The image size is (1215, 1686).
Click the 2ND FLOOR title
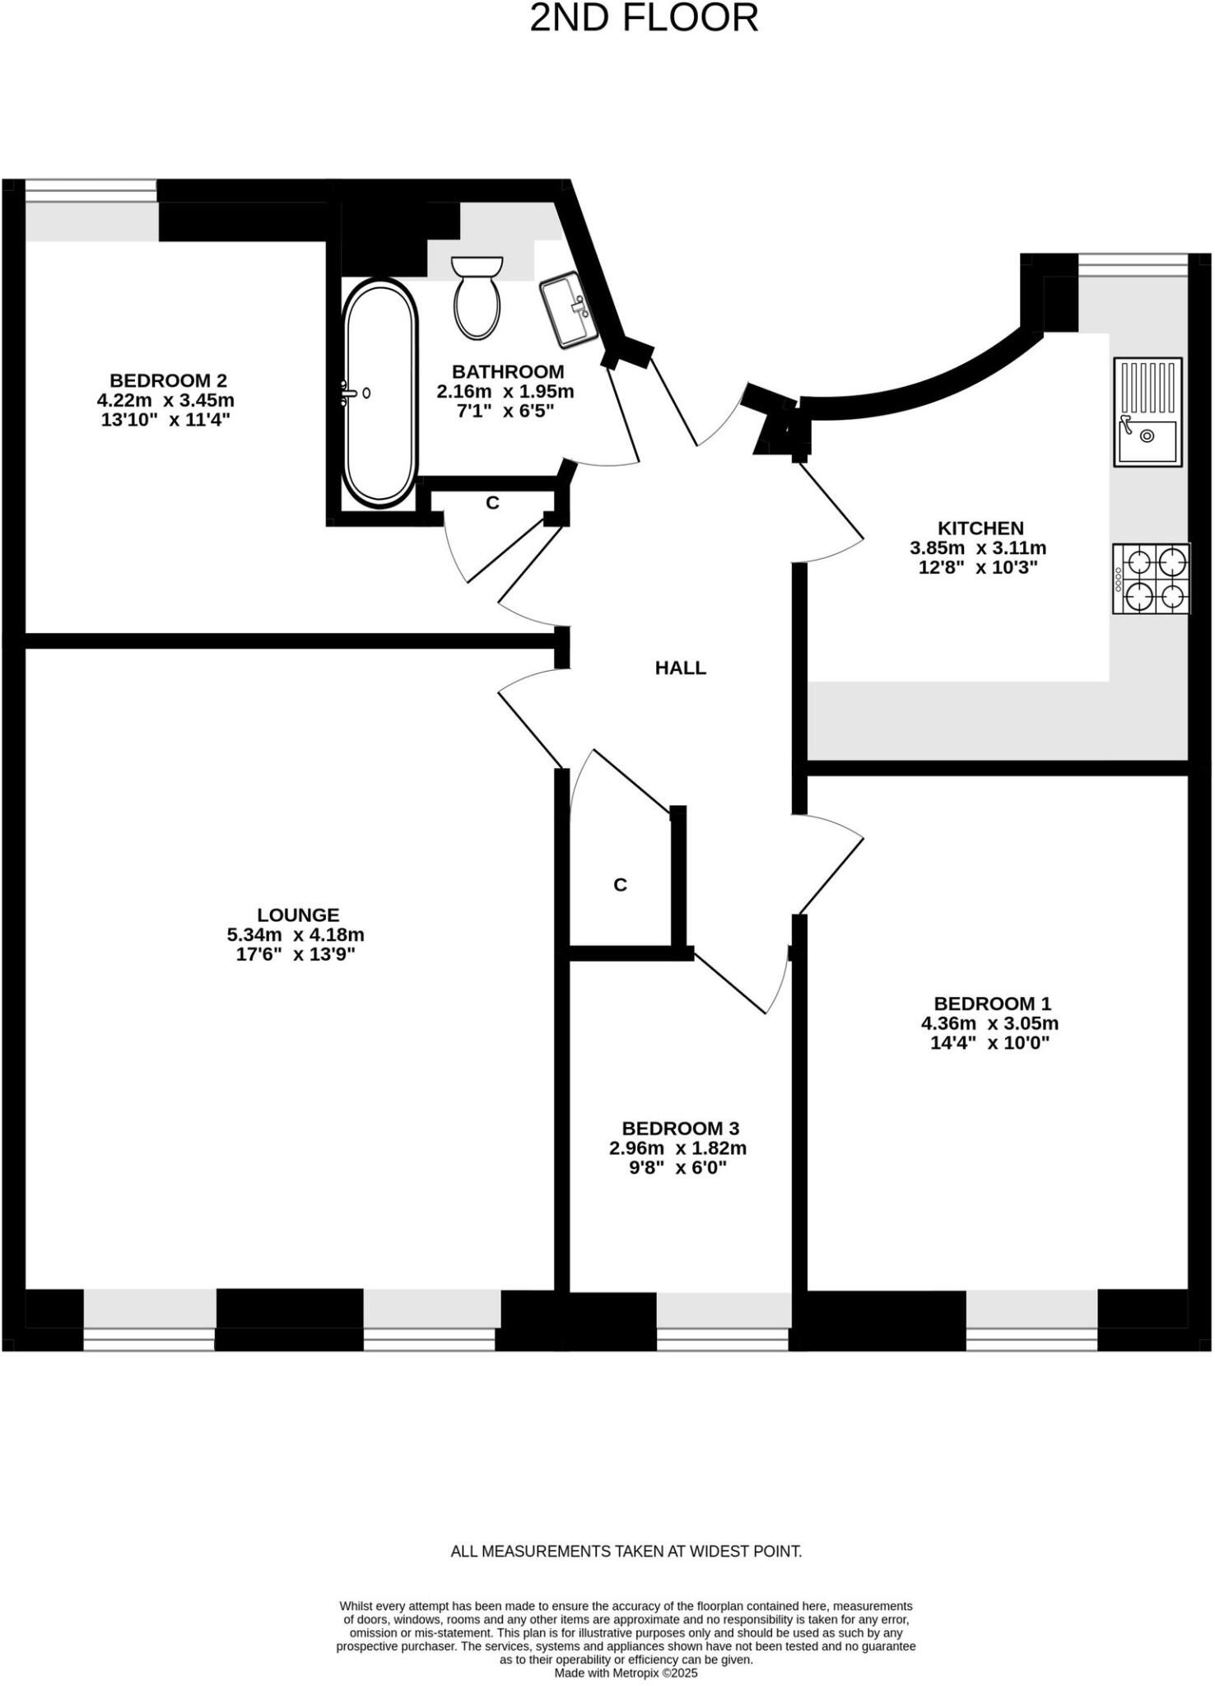point(643,19)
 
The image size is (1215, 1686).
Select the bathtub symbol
point(379,394)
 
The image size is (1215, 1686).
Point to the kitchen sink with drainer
point(1147,412)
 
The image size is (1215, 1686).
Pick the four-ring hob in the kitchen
point(1151,579)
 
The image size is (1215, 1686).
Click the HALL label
point(680,668)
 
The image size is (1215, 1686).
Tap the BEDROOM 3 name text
point(680,1129)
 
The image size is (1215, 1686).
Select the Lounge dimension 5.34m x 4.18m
point(296,934)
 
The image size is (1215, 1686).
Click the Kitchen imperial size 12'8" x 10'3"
point(977,567)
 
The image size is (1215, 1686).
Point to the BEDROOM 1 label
point(992,1004)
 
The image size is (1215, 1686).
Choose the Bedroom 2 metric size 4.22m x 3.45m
point(165,400)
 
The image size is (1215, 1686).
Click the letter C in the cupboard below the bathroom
point(492,502)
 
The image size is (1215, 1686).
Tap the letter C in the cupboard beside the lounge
point(620,885)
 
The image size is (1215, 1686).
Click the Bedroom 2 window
point(91,191)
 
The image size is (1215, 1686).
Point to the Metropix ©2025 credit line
point(626,1673)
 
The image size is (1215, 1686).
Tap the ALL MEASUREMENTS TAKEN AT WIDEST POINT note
point(626,1551)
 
